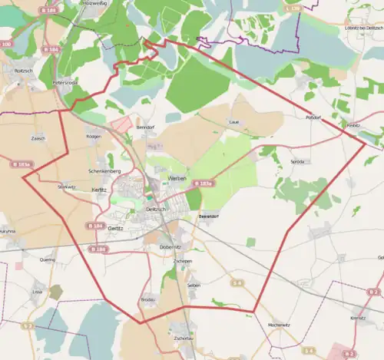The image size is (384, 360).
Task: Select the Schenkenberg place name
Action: [x=104, y=170]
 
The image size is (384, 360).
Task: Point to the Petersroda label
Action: [x=66, y=81]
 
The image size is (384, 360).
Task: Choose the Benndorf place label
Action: [x=145, y=126]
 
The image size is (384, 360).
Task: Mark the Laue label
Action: [x=234, y=122]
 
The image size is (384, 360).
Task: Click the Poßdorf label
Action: [x=312, y=118]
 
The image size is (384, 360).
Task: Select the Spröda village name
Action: [x=297, y=162]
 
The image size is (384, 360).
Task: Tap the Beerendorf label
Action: [x=210, y=217]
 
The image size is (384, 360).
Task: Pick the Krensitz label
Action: [x=358, y=317]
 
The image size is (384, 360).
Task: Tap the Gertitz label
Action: [x=116, y=228]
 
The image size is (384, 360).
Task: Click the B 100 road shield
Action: [x=6, y=45]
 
